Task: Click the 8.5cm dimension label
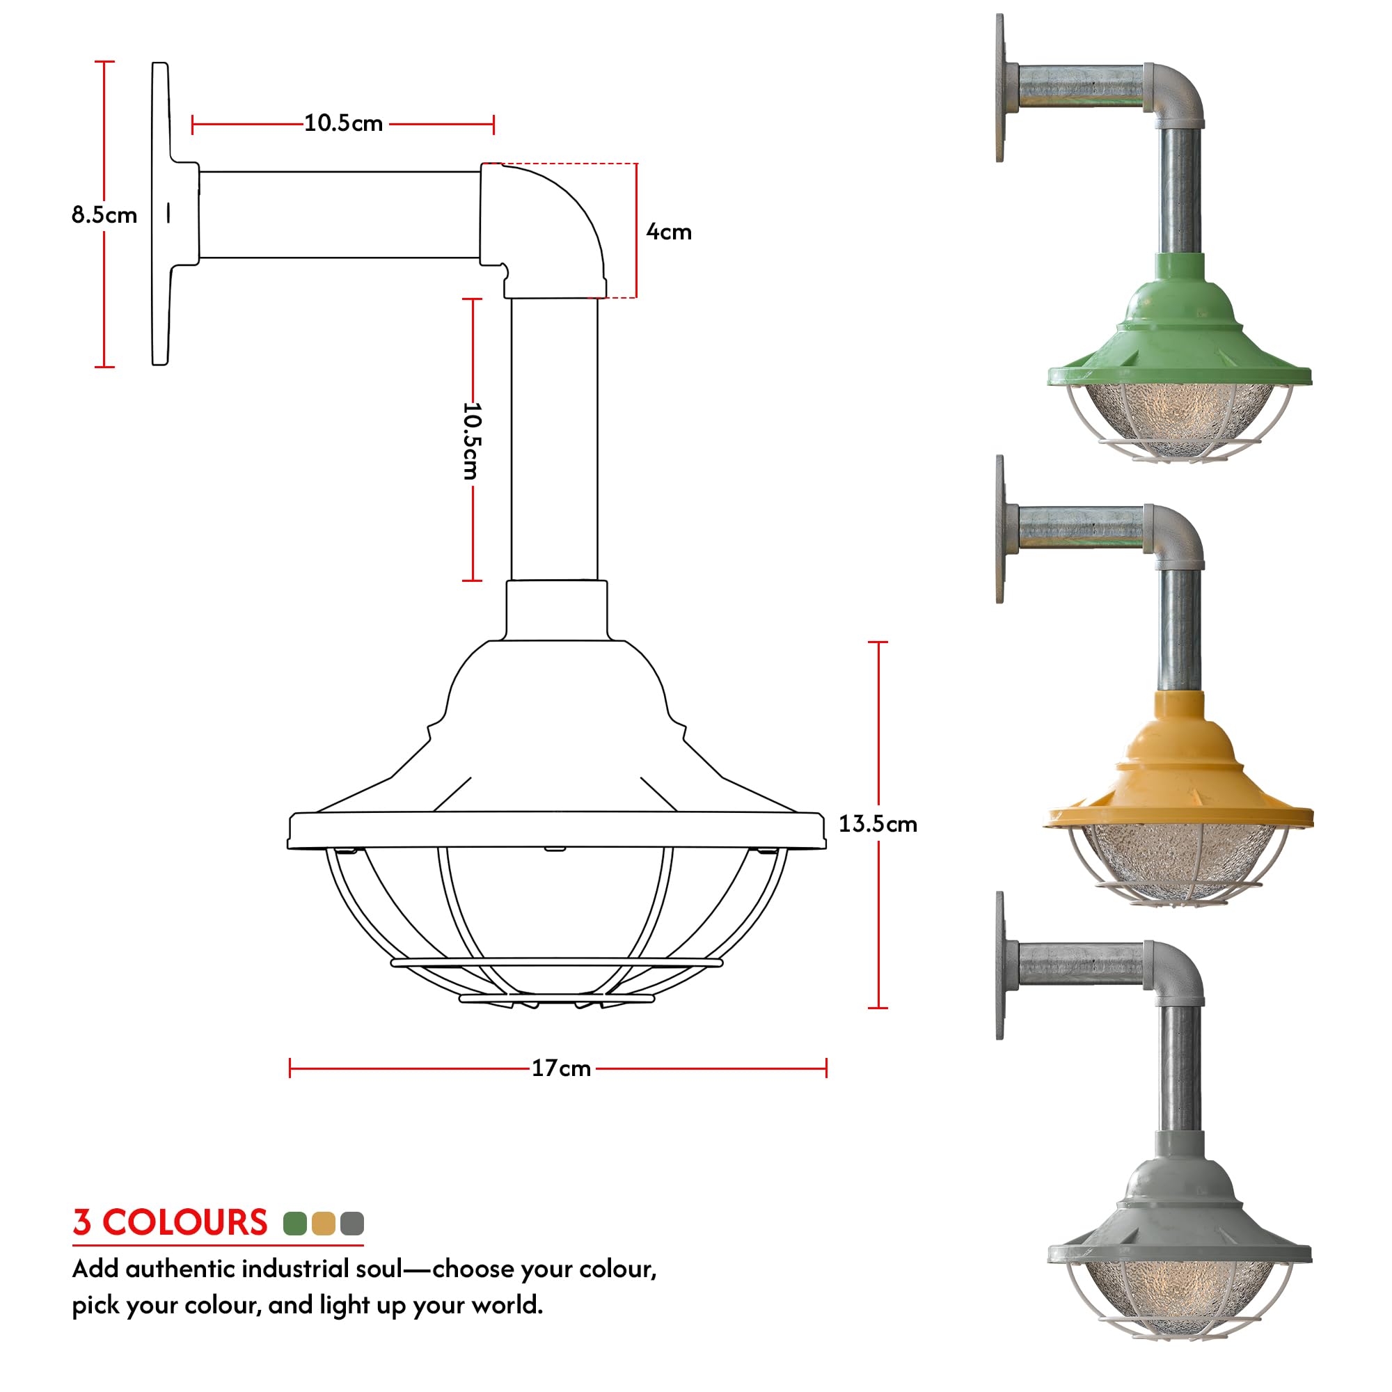pos(104,214)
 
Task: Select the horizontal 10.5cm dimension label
pos(343,123)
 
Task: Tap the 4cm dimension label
pos(668,232)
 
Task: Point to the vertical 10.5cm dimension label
pos(471,441)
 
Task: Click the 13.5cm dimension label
pos(877,823)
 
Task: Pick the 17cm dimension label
pos(560,1068)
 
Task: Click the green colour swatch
pos(294,1224)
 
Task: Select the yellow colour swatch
pos(324,1224)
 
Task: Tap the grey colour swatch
pos(351,1224)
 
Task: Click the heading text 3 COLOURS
pos(170,1223)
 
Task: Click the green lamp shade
pos(1180,331)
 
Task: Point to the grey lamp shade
pos(1180,1210)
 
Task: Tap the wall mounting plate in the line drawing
pos(161,214)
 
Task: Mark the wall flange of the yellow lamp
pos(1000,530)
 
